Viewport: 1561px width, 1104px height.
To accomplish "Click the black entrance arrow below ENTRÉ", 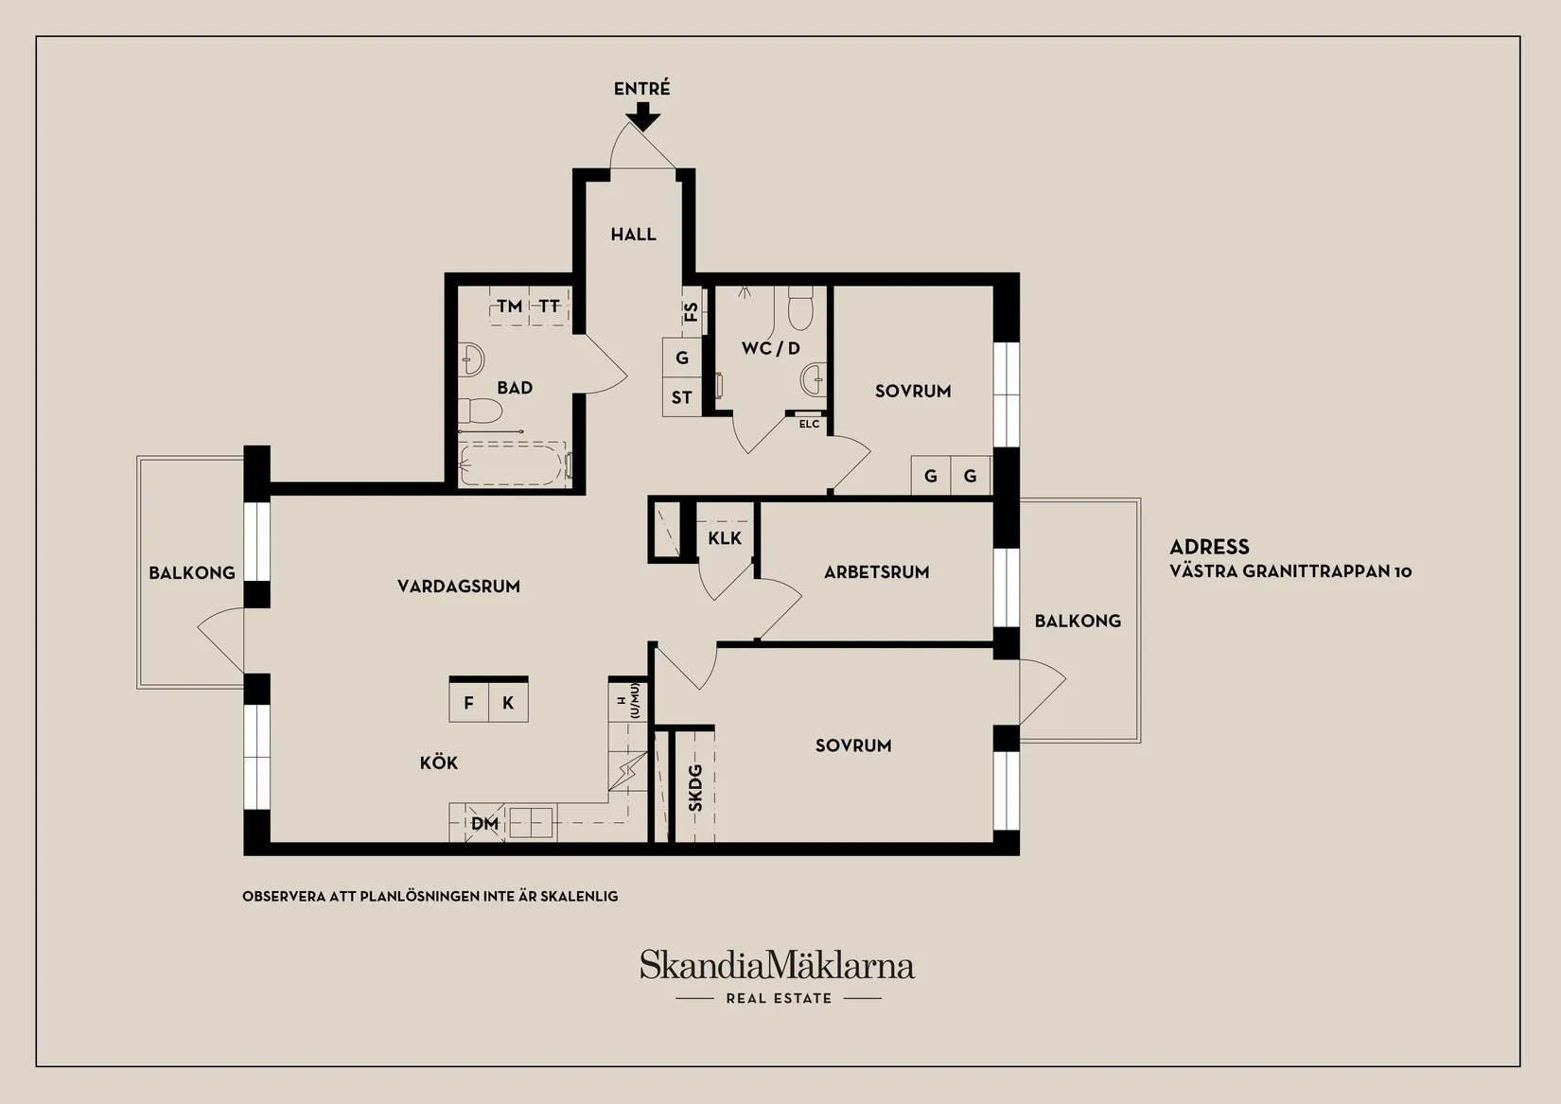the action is (642, 116).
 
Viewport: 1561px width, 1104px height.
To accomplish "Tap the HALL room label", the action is (634, 235).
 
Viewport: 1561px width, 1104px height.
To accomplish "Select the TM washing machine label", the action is (509, 306).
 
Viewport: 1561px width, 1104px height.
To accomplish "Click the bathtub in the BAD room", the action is (513, 464).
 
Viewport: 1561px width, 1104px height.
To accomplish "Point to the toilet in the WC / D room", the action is (800, 307).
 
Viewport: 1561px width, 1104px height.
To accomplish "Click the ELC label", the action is (809, 424).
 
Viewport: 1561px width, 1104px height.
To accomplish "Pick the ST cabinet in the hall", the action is (681, 397).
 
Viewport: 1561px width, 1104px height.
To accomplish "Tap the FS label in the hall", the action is (692, 311).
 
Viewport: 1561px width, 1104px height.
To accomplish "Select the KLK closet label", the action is (725, 538).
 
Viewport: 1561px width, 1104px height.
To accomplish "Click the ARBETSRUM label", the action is (877, 572).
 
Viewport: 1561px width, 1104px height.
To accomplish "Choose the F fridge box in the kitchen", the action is (468, 702).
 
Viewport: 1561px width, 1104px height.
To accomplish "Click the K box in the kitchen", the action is (508, 702).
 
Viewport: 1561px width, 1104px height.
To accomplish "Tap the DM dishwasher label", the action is (485, 823).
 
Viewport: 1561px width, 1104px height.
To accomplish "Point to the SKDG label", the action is (695, 788).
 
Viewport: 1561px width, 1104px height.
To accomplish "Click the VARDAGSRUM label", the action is (459, 587).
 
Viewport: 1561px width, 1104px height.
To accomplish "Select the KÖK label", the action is (439, 762).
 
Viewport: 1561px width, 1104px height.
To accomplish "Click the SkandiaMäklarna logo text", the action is (777, 965).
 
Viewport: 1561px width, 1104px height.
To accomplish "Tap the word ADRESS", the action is (1209, 547).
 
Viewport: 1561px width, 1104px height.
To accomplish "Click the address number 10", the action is (1403, 571).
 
